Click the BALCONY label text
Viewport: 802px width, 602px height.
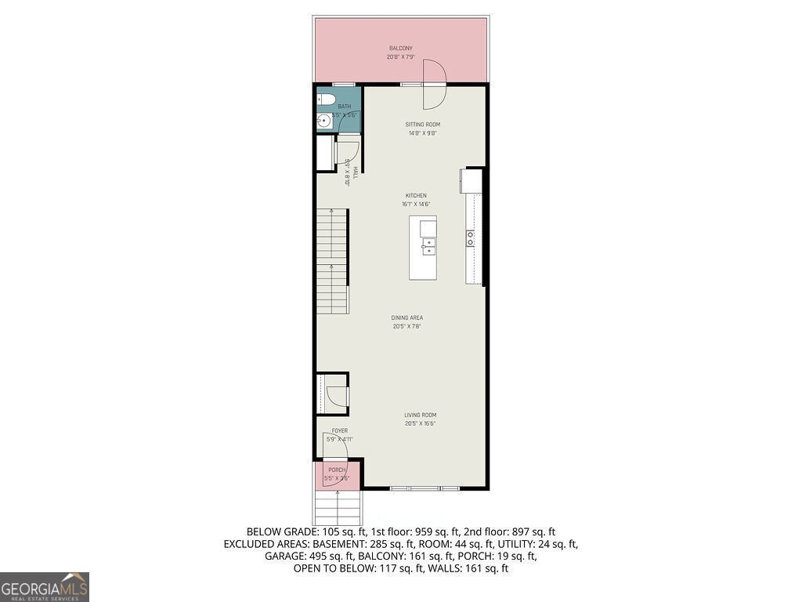tap(400, 49)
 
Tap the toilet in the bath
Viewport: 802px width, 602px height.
tap(326, 100)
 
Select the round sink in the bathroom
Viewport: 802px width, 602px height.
tap(323, 121)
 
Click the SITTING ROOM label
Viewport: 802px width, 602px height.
tap(422, 125)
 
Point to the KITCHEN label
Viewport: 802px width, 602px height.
tap(415, 195)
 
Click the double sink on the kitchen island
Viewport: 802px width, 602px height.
tap(428, 248)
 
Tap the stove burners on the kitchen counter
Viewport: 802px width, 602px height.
tap(471, 238)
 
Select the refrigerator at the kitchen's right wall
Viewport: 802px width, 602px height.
tap(473, 180)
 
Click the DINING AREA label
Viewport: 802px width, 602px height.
tap(406, 317)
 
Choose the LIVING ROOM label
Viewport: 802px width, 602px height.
tap(420, 415)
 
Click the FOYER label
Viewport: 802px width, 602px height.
tap(340, 430)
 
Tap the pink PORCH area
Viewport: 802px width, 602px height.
tap(337, 473)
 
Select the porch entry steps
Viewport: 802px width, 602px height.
tap(337, 507)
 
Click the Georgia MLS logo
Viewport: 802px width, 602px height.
tap(45, 586)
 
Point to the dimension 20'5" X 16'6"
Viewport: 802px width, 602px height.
tap(420, 424)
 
